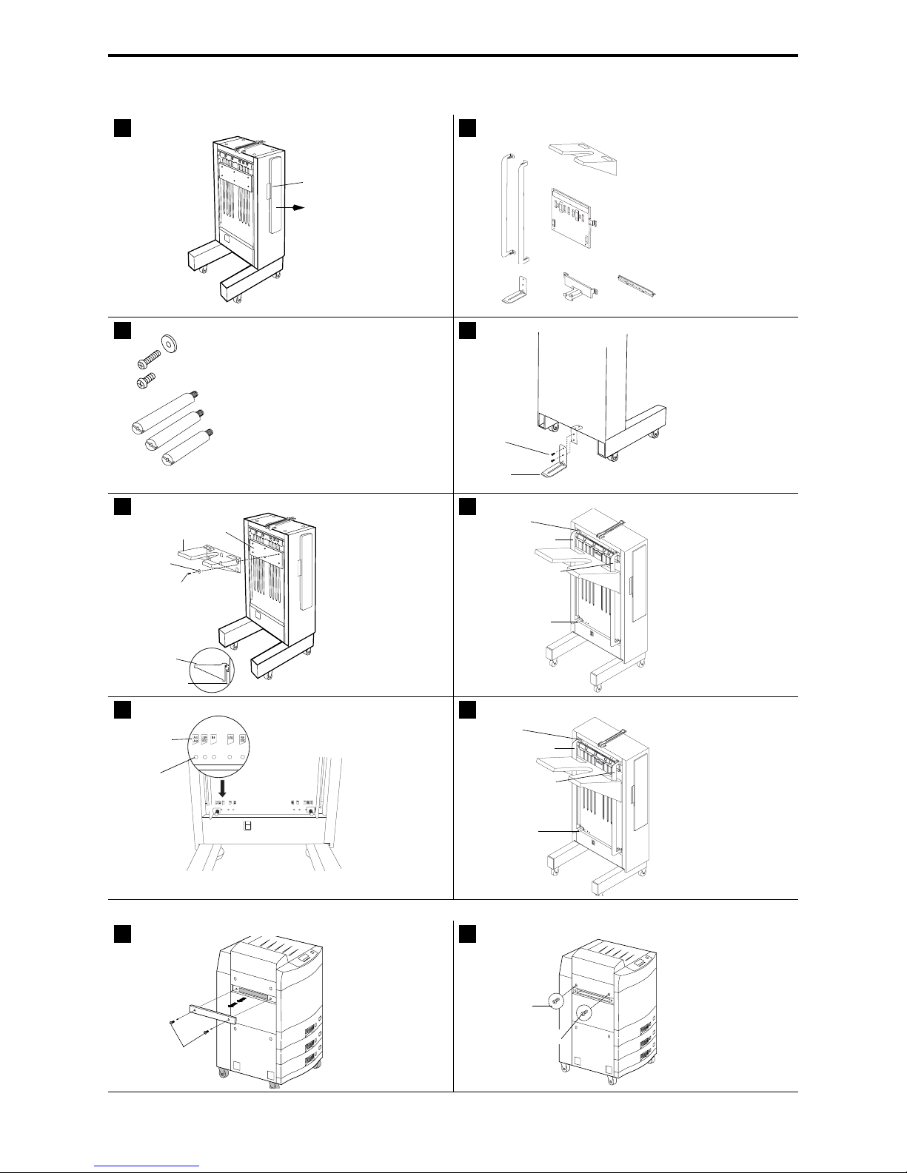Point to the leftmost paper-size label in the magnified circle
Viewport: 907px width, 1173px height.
pyautogui.click(x=196, y=739)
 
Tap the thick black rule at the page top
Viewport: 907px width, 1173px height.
pyautogui.click(x=453, y=56)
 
